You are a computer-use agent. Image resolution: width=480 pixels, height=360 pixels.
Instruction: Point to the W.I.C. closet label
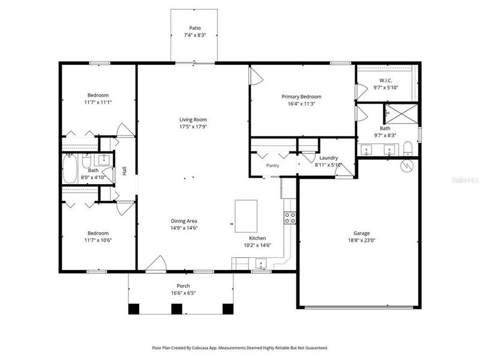pyautogui.click(x=385, y=80)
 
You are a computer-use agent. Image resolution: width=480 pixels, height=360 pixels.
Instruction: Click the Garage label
pyautogui.click(x=361, y=233)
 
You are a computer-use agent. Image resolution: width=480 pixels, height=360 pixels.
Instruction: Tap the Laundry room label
pyautogui.click(x=328, y=158)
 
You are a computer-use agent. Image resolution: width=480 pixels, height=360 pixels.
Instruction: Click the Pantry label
pyautogui.click(x=274, y=166)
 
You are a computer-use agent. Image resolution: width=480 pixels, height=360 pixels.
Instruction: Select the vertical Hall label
pyautogui.click(x=124, y=170)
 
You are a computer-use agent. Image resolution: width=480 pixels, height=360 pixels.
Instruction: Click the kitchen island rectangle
pyautogui.click(x=247, y=216)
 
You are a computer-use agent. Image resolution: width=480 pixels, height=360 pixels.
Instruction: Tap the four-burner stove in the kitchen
pyautogui.click(x=290, y=217)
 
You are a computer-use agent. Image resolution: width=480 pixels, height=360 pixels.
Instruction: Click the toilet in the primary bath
pyautogui.click(x=408, y=148)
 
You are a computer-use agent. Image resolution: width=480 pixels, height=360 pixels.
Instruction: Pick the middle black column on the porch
pyautogui.click(x=176, y=309)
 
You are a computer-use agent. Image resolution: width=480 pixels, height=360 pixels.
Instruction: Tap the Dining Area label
pyautogui.click(x=184, y=221)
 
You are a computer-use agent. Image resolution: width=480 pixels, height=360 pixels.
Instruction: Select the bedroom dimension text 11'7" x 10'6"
pyautogui.click(x=98, y=241)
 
